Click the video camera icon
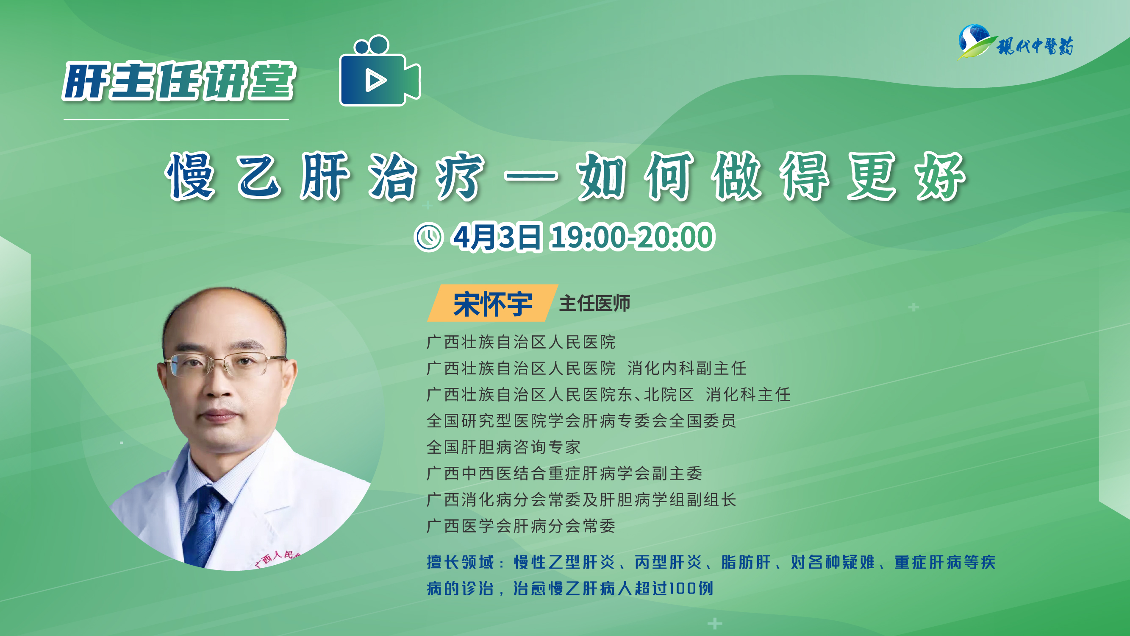(x=380, y=71)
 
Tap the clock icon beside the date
(x=429, y=237)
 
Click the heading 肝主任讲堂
(x=179, y=81)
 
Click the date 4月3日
(x=497, y=237)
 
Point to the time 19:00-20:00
(x=633, y=237)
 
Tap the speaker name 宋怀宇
(x=493, y=304)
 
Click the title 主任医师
(x=595, y=303)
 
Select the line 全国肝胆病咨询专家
(x=504, y=447)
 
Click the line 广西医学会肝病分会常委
(x=521, y=526)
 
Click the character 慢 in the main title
(x=190, y=176)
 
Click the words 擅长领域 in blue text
(x=460, y=562)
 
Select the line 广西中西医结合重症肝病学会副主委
(x=564, y=473)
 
